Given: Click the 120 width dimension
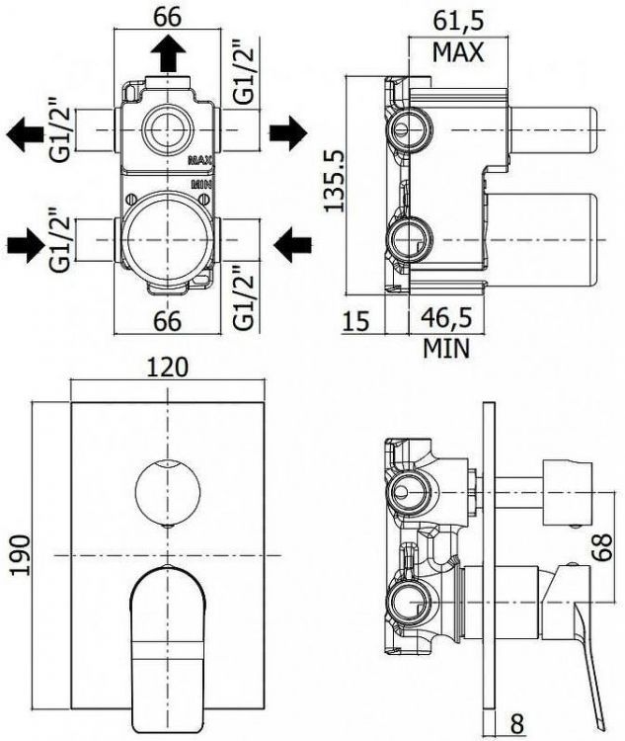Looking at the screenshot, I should pyautogui.click(x=168, y=368).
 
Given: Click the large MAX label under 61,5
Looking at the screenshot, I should pyautogui.click(x=457, y=52).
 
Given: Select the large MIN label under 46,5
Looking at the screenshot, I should pyautogui.click(x=446, y=348).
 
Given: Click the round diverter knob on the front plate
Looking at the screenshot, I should pyautogui.click(x=168, y=490).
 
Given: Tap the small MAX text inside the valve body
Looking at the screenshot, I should pyautogui.click(x=200, y=158).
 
